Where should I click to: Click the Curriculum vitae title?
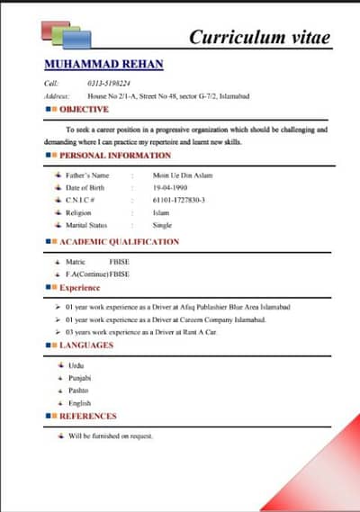[260, 37]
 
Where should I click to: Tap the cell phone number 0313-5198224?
[107, 83]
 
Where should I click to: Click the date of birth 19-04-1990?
[170, 187]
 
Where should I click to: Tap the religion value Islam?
[162, 212]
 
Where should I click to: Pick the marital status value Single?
[163, 225]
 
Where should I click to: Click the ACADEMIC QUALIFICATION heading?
[119, 241]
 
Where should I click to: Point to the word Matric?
[76, 261]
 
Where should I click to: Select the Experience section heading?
[80, 288]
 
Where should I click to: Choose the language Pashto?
[78, 391]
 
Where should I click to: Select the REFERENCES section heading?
[88, 417]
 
